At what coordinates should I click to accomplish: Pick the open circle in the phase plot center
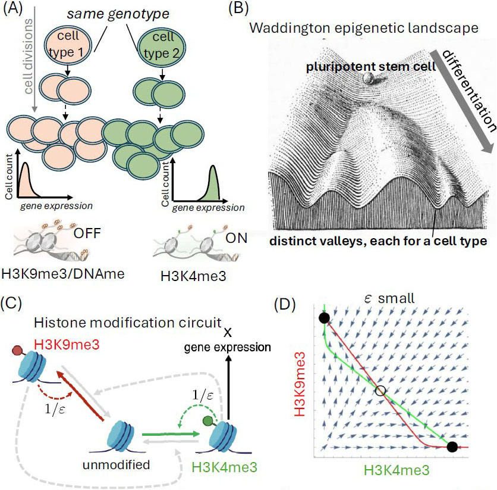tap(381, 391)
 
